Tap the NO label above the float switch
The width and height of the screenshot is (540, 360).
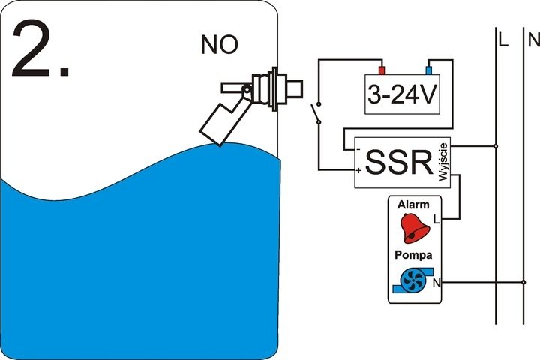tap(220, 45)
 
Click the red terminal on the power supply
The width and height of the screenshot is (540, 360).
tap(380, 71)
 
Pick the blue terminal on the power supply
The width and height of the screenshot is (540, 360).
tap(430, 71)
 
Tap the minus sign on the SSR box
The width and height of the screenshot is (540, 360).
tap(359, 149)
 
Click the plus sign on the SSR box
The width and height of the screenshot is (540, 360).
tap(359, 172)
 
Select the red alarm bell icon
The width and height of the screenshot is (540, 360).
tap(415, 228)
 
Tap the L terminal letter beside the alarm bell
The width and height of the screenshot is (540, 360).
tap(436, 220)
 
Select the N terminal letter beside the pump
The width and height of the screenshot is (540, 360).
tap(437, 283)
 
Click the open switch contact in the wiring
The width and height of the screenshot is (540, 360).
tap(316, 113)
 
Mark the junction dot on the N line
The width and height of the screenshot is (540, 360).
tap(523, 283)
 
